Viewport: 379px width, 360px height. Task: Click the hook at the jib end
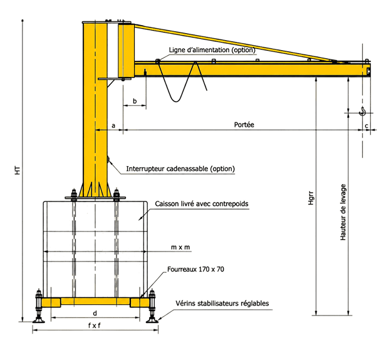pyautogui.click(x=362, y=112)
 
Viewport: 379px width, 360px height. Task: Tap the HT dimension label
pyautogui.click(x=18, y=171)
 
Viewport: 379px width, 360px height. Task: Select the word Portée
pyautogui.click(x=244, y=125)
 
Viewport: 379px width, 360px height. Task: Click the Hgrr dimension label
pyautogui.click(x=311, y=198)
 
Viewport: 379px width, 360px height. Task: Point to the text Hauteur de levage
pyautogui.click(x=343, y=212)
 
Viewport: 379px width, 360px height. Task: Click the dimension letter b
pyautogui.click(x=135, y=101)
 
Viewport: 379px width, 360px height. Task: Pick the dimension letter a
pyautogui.click(x=113, y=125)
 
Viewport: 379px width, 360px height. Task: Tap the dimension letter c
pyautogui.click(x=366, y=126)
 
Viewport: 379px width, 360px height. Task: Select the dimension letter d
pyautogui.click(x=95, y=313)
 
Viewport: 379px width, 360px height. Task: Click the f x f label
pyautogui.click(x=95, y=326)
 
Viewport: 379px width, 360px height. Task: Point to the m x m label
pyautogui.click(x=180, y=247)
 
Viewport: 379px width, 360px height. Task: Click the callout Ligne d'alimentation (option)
pyautogui.click(x=212, y=50)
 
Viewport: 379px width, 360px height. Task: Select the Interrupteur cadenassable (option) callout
pyautogui.click(x=180, y=169)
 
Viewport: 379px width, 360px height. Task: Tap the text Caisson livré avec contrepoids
pyautogui.click(x=202, y=204)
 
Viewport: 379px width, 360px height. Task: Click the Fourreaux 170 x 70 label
pyautogui.click(x=195, y=269)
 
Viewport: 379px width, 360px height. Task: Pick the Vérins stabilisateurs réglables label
pyautogui.click(x=222, y=304)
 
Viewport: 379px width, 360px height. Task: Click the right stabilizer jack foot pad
pyautogui.click(x=152, y=321)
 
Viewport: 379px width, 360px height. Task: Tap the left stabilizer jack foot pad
pyautogui.click(x=39, y=321)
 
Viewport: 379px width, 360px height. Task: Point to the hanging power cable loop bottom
pyautogui.click(x=176, y=100)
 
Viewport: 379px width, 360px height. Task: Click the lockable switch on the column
pyautogui.click(x=108, y=159)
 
